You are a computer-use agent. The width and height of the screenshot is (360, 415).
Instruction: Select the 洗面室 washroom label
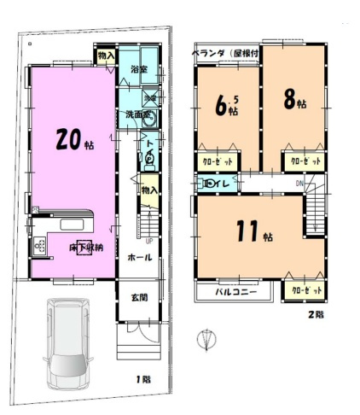point(136,114)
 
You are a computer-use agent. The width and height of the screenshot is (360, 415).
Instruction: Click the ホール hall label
point(140,256)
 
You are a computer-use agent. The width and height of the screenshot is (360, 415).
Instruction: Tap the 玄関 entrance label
point(139,297)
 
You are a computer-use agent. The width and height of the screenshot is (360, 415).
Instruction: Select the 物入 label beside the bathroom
point(106,56)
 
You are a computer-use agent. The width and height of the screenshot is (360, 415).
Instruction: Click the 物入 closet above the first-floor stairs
point(148,189)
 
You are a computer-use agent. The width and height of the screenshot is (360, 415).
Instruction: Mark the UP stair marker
point(149,240)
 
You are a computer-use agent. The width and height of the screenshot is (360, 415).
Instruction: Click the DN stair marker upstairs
point(299,184)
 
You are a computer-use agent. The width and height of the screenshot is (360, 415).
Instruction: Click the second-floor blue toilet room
point(216,183)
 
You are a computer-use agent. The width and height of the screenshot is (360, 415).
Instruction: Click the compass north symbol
point(202,340)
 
